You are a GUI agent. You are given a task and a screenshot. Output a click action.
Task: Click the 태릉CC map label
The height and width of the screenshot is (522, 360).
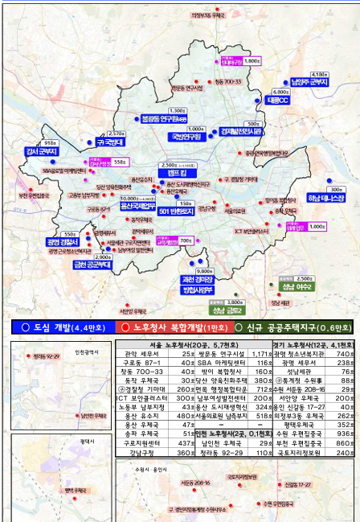277,101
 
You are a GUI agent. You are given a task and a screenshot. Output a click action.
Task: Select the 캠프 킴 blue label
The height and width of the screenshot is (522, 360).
189,173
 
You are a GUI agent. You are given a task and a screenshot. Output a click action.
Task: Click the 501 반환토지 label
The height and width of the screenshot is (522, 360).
177,211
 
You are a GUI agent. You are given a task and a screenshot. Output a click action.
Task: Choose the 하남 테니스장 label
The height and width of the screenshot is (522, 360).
325,196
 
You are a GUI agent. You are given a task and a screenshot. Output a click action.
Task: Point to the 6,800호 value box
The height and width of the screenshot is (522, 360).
280,92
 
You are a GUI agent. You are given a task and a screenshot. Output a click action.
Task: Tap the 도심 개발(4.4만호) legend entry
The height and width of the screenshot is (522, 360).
58,327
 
